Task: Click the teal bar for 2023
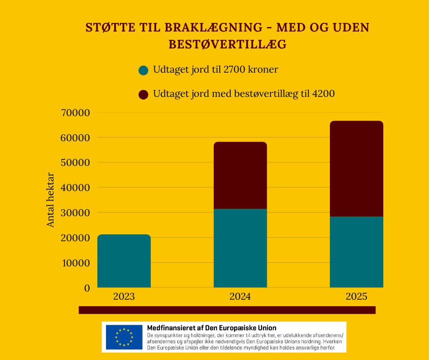coord(124,261)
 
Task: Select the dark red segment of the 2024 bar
coord(240,175)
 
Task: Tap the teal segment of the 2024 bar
coord(240,248)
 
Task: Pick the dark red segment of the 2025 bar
coord(356,169)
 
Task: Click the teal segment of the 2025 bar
coord(356,252)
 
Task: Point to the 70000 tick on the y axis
coord(75,112)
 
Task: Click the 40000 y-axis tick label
coord(75,188)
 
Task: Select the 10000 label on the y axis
coord(75,263)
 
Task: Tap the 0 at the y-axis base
coord(87,288)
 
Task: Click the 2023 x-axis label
coord(124,296)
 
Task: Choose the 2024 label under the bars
coord(240,296)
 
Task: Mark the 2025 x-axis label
coord(356,296)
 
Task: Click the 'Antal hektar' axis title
coord(51,200)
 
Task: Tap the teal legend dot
coord(143,70)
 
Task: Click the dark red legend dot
coord(143,95)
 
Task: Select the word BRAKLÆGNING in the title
coord(186,28)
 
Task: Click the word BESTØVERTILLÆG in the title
coord(228,44)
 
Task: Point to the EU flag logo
coord(124,337)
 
